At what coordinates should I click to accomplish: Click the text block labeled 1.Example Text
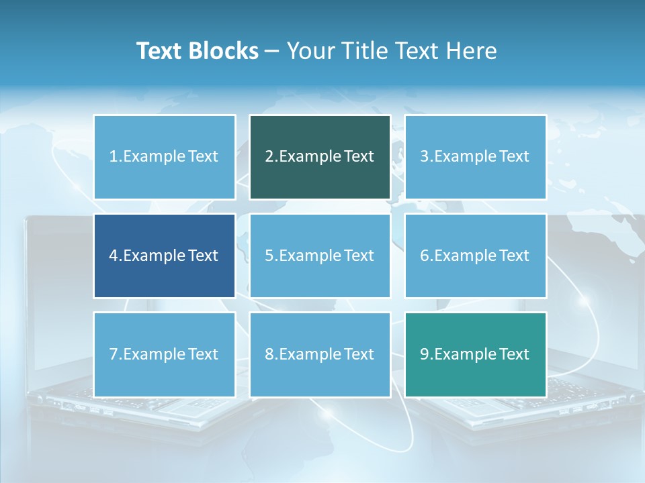click(x=164, y=157)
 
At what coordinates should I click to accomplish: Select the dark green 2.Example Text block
click(x=320, y=157)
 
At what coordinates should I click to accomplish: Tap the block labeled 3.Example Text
click(x=475, y=157)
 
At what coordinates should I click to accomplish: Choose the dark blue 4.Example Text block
click(x=164, y=256)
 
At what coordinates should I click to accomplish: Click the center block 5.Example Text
click(x=320, y=256)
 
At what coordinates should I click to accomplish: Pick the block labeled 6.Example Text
click(x=475, y=256)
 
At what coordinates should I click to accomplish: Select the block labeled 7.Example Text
click(x=164, y=354)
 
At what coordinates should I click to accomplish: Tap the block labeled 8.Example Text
click(x=320, y=354)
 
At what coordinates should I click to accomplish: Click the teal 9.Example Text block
click(x=475, y=354)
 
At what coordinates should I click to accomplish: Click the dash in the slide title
click(x=272, y=52)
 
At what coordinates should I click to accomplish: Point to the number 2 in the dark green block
click(x=269, y=157)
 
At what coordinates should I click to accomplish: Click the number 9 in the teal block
click(x=424, y=354)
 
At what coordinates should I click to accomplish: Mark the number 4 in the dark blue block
click(x=113, y=256)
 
